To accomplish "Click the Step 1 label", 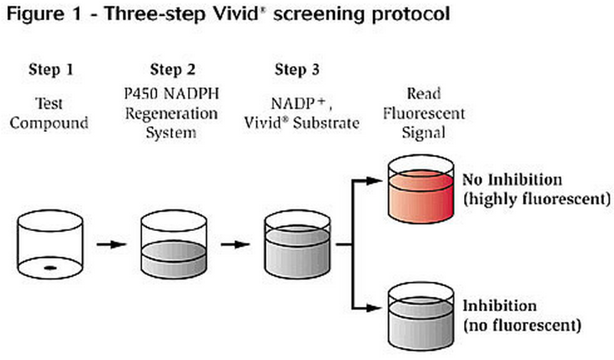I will click(49, 70).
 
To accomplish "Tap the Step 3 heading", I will click(296, 70).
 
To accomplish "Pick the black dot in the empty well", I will click(50, 267).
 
